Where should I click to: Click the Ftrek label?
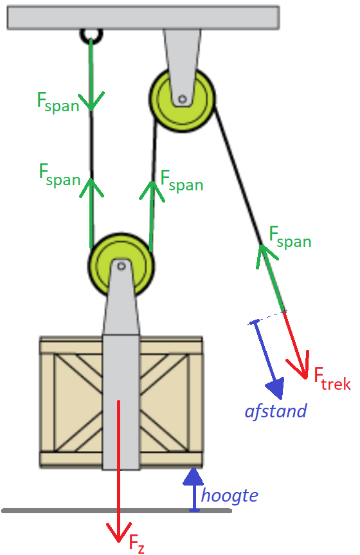tap(332, 379)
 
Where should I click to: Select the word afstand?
tap(276, 412)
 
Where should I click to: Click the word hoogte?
tap(230, 496)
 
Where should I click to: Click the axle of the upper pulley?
tap(183, 99)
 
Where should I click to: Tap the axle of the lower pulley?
tap(122, 266)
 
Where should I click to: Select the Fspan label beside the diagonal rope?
tap(290, 238)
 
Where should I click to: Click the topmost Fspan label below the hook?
tap(58, 103)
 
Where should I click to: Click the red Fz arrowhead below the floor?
tap(119, 532)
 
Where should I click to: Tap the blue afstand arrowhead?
tap(275, 388)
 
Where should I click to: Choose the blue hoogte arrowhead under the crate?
tap(194, 476)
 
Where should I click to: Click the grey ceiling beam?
tap(143, 17)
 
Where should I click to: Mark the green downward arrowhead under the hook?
tap(91, 101)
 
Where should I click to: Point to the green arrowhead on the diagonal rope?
tap(265, 255)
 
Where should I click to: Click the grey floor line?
tap(116, 511)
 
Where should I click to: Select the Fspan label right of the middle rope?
tap(181, 181)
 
